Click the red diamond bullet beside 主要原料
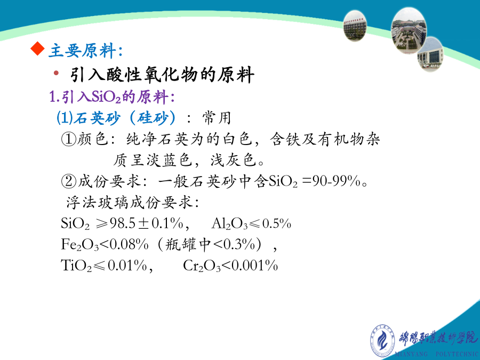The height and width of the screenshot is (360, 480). (x=38, y=49)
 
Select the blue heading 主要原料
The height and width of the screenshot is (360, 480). (x=82, y=51)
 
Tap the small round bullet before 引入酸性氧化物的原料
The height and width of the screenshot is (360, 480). (x=56, y=73)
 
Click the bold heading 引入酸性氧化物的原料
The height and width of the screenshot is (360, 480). (x=162, y=75)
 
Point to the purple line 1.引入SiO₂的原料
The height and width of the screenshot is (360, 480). (x=112, y=97)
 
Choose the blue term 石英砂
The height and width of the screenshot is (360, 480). (x=97, y=118)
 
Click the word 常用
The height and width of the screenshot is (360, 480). (x=217, y=118)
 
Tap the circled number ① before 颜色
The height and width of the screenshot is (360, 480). (x=69, y=139)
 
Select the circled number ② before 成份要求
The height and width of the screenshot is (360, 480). (x=69, y=181)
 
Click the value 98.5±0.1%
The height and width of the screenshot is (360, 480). (x=146, y=223)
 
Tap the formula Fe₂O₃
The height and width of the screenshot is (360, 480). (x=80, y=244)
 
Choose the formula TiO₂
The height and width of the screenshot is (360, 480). (x=76, y=265)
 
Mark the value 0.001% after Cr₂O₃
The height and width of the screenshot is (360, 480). (x=255, y=265)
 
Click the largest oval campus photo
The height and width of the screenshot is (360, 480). (x=409, y=30)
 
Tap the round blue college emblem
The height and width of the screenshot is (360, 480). (x=382, y=341)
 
